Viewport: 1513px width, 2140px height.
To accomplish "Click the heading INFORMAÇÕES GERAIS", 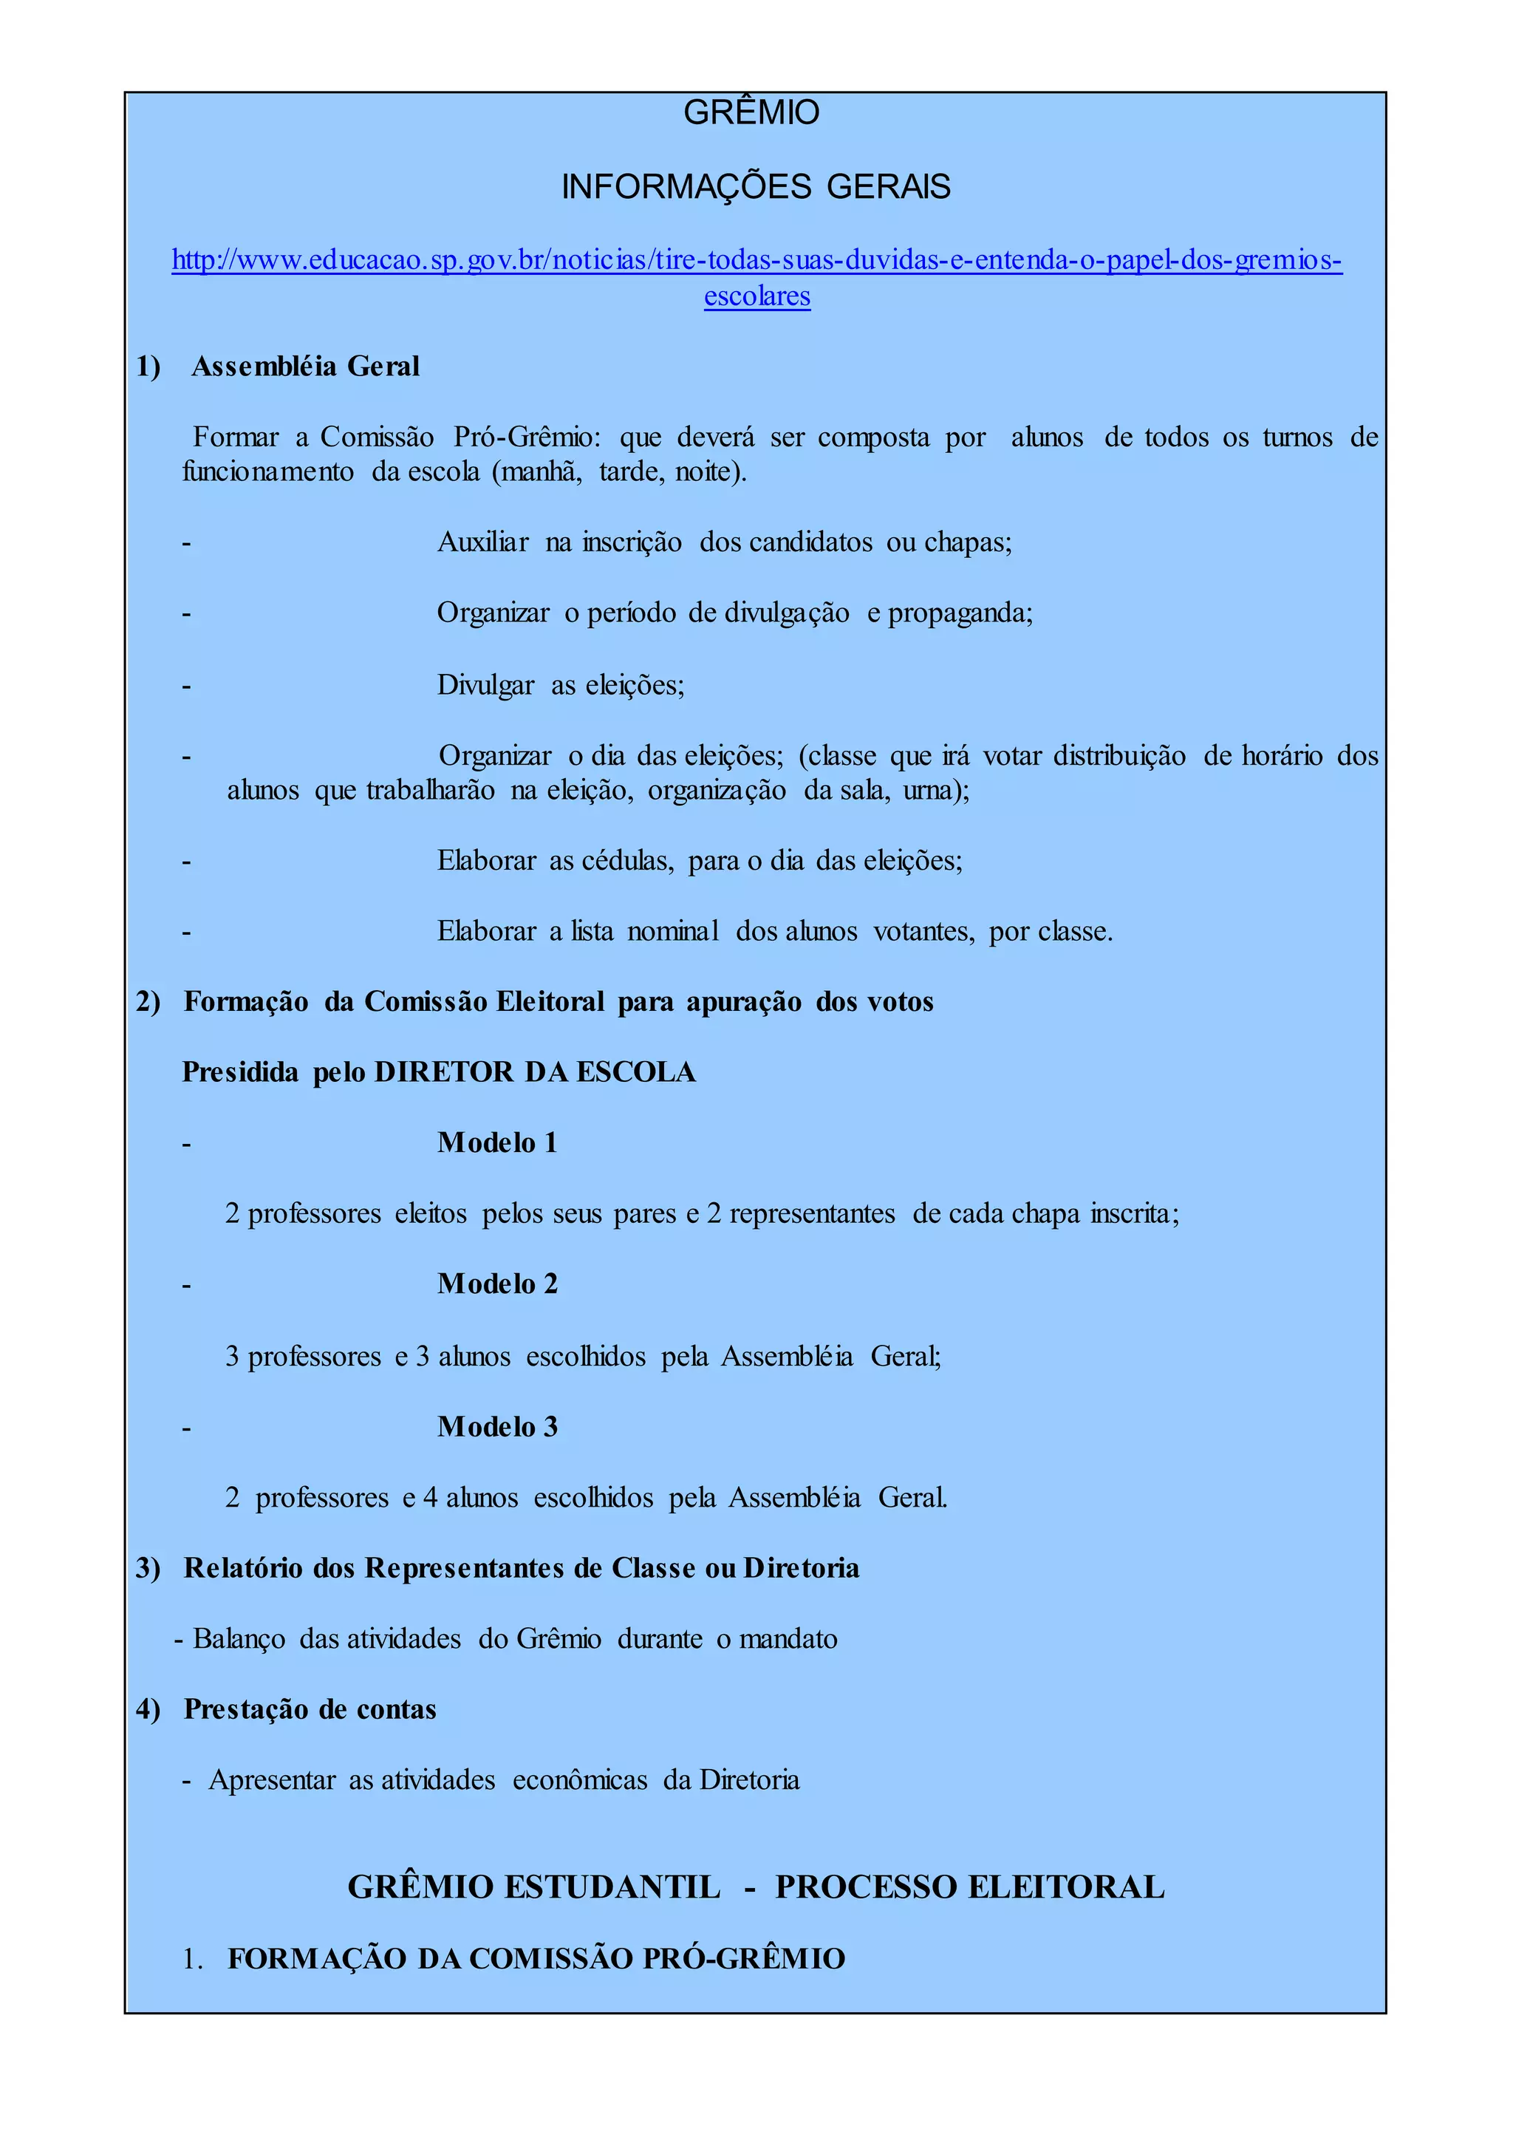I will tap(756, 188).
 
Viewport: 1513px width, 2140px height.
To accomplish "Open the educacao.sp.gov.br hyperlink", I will tap(756, 260).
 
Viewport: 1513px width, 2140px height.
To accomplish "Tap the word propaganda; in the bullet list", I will tap(960, 613).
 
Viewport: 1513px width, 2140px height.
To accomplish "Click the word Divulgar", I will tap(485, 685).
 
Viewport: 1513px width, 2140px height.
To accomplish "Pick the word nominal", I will tap(673, 931).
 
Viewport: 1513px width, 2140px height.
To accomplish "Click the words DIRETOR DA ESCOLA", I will tap(535, 1072).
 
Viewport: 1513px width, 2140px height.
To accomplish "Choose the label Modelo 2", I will tap(497, 1284).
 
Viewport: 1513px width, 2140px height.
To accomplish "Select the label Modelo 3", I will tap(497, 1427).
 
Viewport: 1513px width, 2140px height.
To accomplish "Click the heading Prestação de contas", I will tap(310, 1709).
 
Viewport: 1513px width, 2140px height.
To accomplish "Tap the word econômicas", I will tap(579, 1780).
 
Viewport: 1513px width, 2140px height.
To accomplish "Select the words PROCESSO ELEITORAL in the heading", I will tap(970, 1887).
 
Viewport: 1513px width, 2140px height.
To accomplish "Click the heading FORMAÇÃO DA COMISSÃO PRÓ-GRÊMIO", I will tap(536, 1958).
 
